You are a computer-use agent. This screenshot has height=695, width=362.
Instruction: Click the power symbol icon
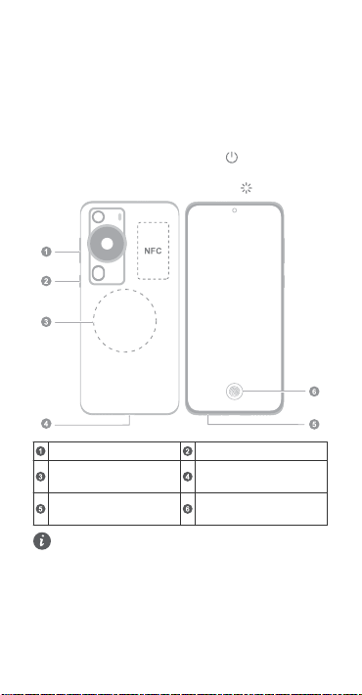[x=232, y=158]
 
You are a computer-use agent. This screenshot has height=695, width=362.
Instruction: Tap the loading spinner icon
[x=247, y=188]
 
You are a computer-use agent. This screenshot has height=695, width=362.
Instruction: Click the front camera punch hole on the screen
[x=235, y=210]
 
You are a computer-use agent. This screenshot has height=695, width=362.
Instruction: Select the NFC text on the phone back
[x=153, y=251]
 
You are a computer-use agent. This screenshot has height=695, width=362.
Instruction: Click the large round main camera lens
[x=107, y=244]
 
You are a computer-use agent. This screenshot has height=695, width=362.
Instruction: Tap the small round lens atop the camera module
[x=99, y=216]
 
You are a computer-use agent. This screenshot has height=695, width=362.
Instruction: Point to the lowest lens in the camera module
[x=99, y=273]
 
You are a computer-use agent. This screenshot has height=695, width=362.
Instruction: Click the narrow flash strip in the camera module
[x=119, y=217]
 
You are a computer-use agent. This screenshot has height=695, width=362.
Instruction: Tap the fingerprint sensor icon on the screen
[x=234, y=392]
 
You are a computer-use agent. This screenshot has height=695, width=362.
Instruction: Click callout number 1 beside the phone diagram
[x=46, y=252]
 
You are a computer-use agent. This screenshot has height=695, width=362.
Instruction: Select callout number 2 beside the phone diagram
[x=46, y=281]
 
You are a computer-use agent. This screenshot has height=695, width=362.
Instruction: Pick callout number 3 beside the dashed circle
[x=46, y=322]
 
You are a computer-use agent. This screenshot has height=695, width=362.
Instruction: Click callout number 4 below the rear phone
[x=46, y=424]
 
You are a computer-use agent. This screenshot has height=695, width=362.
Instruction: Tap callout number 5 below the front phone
[x=314, y=424]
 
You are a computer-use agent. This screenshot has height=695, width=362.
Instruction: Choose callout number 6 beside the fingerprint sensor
[x=314, y=392]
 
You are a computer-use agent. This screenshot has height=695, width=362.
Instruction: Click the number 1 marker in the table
[x=41, y=451]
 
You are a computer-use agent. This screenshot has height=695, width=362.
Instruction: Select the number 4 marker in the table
[x=188, y=477]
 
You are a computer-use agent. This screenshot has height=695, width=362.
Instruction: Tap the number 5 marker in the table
[x=41, y=509]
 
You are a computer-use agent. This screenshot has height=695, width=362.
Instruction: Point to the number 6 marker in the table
[x=188, y=509]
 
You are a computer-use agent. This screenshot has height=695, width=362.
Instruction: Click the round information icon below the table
[x=42, y=541]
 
